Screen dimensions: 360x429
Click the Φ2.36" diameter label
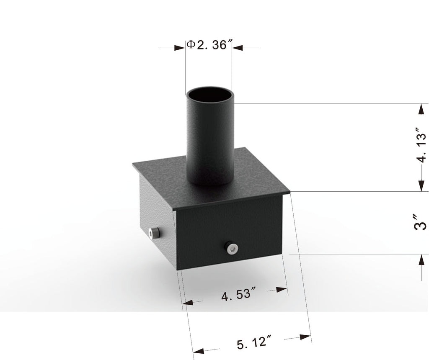[209, 45]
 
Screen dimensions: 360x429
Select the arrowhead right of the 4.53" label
[283, 289]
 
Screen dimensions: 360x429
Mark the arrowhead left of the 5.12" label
[198, 350]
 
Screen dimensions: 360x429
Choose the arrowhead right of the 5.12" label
[306, 337]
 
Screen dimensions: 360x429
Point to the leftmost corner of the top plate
[133, 164]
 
